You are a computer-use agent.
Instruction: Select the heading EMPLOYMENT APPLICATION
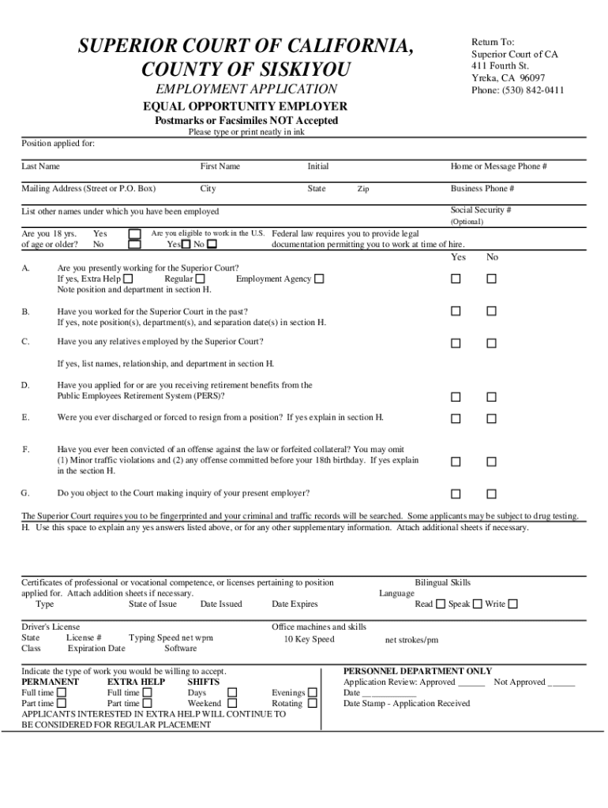point(246,89)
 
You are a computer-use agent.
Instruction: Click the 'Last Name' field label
point(40,166)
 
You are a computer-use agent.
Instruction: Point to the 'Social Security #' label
point(481,211)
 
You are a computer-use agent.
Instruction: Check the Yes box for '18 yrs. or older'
point(135,234)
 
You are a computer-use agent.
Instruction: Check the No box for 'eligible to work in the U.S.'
point(211,245)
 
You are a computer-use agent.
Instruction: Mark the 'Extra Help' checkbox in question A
point(129,279)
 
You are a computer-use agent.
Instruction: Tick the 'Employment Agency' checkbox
point(320,279)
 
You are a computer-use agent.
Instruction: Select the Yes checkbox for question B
point(456,312)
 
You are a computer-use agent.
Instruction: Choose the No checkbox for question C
point(491,343)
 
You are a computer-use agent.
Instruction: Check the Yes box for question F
point(456,462)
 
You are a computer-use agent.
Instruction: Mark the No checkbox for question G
point(491,495)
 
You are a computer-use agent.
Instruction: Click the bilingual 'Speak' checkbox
point(478,604)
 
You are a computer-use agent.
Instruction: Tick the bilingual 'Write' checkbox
point(513,604)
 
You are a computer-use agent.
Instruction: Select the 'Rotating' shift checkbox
point(313,703)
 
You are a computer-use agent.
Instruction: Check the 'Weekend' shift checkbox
point(232,703)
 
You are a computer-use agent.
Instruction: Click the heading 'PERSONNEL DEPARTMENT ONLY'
point(418,671)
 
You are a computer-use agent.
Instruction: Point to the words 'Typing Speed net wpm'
point(171,638)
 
